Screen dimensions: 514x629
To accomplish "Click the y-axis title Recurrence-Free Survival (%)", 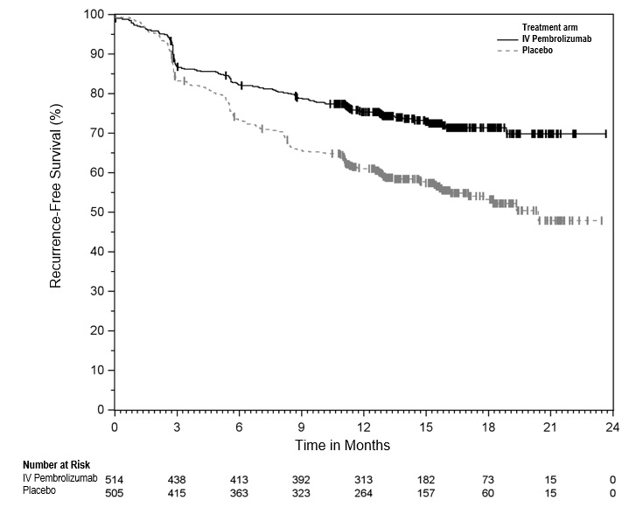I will pyautogui.click(x=56, y=211).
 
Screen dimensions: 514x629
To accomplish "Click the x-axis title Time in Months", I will pyautogui.click(x=342, y=445).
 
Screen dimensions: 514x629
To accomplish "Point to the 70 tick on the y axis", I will pyautogui.click(x=111, y=133).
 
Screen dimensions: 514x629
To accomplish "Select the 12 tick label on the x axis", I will pyautogui.click(x=363, y=427).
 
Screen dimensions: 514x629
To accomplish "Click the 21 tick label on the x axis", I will pyautogui.click(x=549, y=427).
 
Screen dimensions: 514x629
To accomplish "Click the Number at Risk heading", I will pyautogui.click(x=56, y=464).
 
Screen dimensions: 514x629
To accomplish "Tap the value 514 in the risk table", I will pyautogui.click(x=115, y=480).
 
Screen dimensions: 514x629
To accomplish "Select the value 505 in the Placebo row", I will pyautogui.click(x=115, y=493).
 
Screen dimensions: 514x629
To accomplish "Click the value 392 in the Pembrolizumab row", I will pyautogui.click(x=301, y=480).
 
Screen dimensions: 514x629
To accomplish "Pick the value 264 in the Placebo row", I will pyautogui.click(x=363, y=493).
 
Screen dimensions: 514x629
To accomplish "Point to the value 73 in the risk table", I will pyautogui.click(x=487, y=480).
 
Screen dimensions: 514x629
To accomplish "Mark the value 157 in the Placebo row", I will pyautogui.click(x=425, y=493).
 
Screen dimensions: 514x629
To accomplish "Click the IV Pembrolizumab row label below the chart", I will pyautogui.click(x=59, y=479).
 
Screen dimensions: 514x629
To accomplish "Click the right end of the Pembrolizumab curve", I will pyautogui.click(x=605, y=134).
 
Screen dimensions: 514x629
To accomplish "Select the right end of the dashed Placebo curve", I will pyautogui.click(x=602, y=220).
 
